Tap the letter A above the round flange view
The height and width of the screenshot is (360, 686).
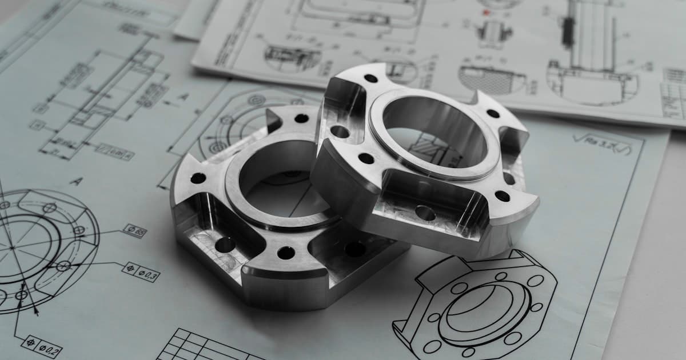[76, 182]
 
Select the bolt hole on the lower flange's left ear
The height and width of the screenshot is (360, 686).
[198, 178]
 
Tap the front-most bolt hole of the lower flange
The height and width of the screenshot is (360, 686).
[286, 253]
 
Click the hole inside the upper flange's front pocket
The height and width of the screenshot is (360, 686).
[425, 213]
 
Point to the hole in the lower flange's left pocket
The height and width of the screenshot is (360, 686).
[225, 245]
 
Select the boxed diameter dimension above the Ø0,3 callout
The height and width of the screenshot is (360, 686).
[134, 230]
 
